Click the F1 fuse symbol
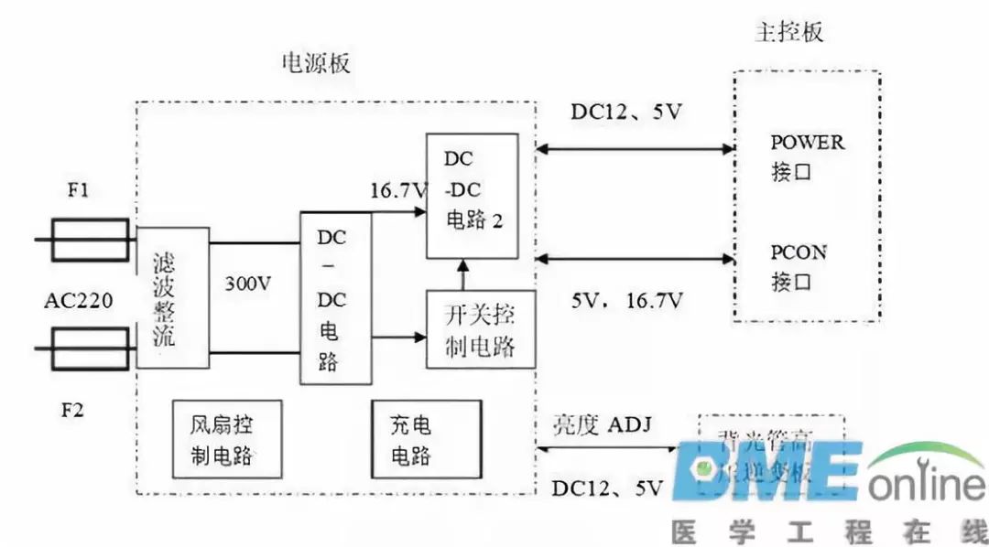(88, 240)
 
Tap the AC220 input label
(78, 300)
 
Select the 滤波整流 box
(172, 296)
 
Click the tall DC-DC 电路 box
(336, 298)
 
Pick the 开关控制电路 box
(481, 330)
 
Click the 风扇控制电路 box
(227, 439)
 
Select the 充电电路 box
(425, 439)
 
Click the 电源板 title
(315, 63)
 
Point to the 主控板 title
(789, 32)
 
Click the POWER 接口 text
(807, 156)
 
